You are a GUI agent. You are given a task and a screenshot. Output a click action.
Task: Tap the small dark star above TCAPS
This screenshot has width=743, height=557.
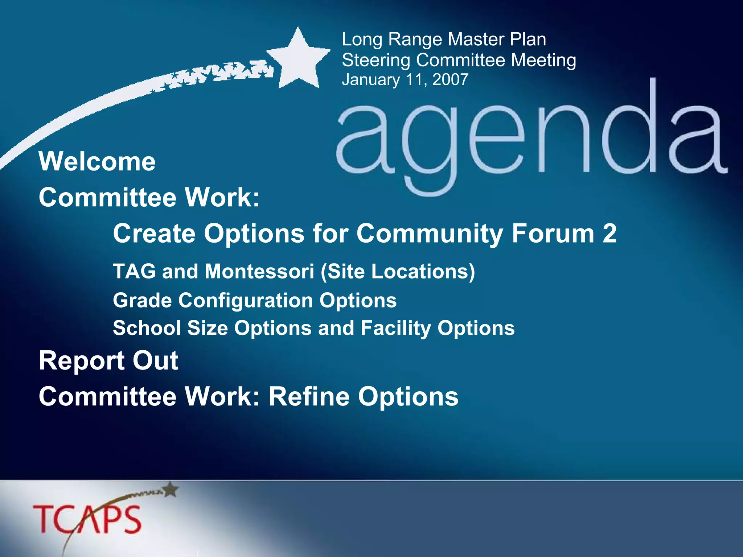point(171,490)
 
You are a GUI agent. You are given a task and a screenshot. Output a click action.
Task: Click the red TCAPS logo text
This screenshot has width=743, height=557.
point(87,519)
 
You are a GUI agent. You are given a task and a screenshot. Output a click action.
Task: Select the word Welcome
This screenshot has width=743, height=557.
point(97,161)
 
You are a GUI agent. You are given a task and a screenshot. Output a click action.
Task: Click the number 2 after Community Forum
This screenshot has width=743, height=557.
point(609,233)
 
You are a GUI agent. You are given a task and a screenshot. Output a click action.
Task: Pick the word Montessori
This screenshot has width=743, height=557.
point(259,271)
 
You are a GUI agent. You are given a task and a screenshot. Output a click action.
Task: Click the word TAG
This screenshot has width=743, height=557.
point(134,271)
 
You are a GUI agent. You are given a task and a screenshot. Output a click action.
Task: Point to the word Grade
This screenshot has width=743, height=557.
point(142,300)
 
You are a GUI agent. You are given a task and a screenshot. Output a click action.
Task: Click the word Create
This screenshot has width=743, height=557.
point(155,233)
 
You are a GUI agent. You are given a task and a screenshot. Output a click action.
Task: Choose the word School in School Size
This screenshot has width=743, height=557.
point(147,328)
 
